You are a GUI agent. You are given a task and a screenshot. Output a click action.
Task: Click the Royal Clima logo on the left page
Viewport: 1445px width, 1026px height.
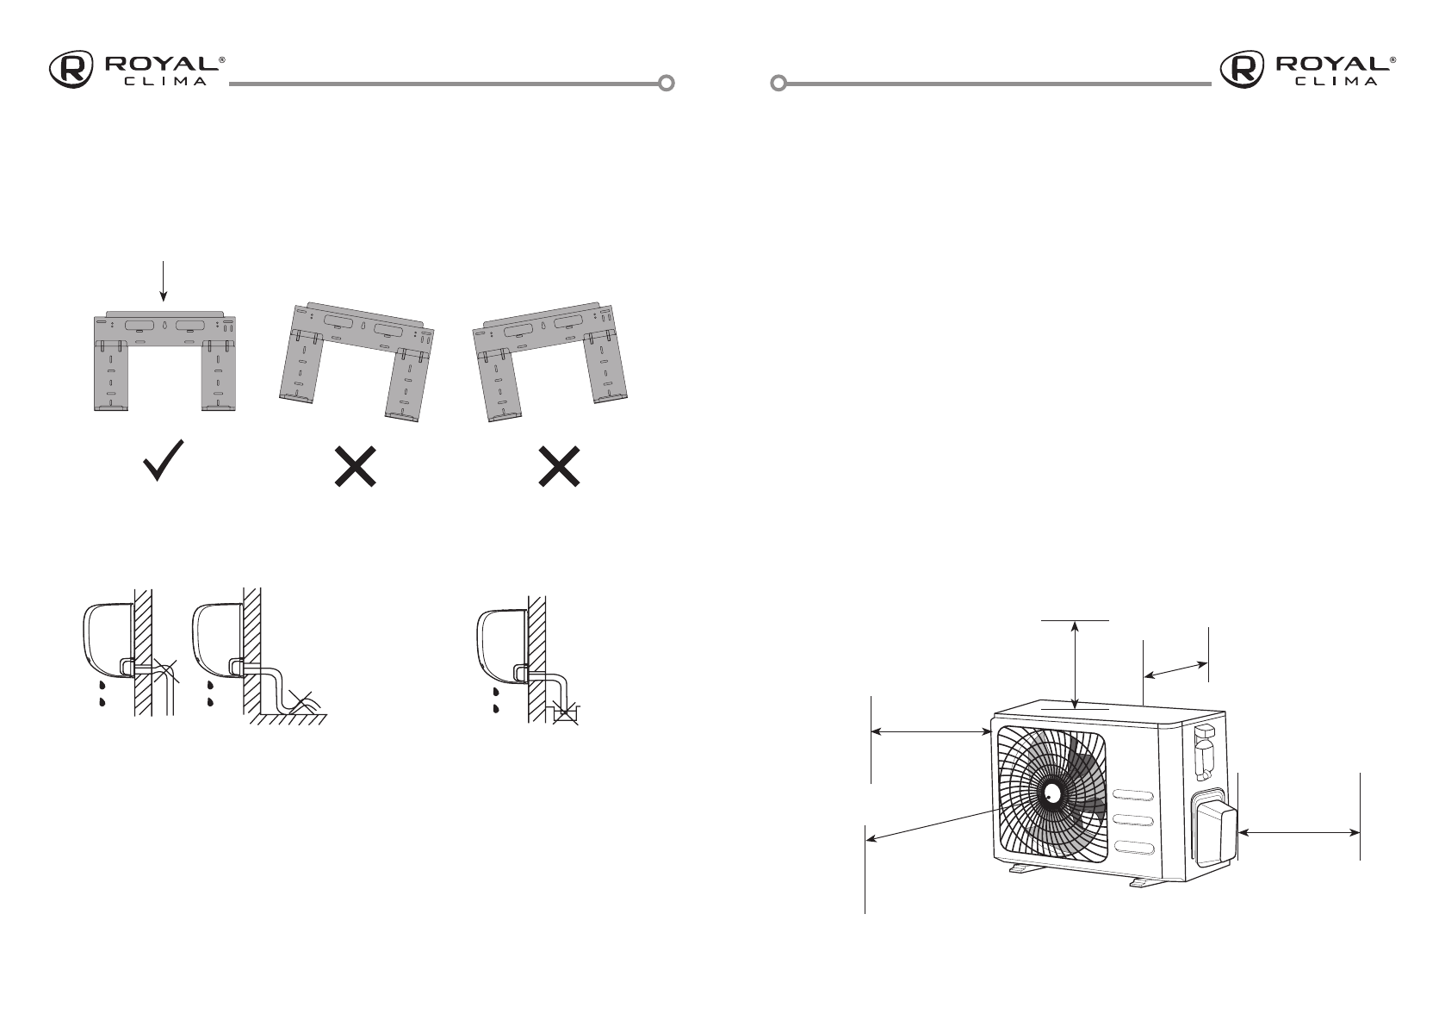click(137, 69)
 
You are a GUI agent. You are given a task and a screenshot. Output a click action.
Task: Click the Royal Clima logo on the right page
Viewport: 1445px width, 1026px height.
click(1307, 69)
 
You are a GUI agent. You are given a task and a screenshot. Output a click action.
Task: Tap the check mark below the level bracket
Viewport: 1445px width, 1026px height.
click(164, 461)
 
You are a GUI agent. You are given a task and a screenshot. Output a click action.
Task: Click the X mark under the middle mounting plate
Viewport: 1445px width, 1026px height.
click(356, 466)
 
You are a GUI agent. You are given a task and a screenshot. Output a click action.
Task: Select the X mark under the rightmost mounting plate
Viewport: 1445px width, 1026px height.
click(559, 466)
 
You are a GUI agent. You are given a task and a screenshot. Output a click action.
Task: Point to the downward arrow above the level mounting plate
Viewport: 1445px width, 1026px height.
click(164, 282)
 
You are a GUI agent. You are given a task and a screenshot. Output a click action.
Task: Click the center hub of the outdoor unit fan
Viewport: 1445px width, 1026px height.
click(1053, 793)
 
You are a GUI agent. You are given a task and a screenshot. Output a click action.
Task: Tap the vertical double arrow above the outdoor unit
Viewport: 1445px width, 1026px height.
click(1076, 665)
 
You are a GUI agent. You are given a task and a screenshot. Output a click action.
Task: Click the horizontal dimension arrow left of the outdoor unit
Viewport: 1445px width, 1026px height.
click(932, 731)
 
